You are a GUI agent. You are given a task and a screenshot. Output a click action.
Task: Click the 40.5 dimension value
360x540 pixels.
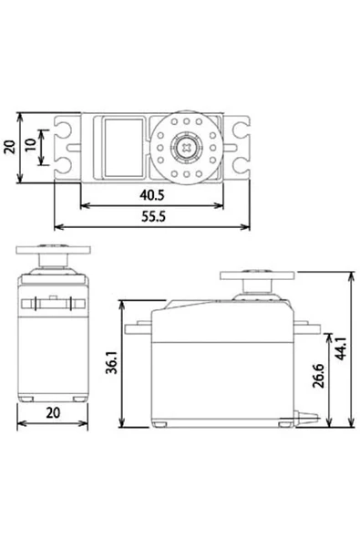[x=151, y=194]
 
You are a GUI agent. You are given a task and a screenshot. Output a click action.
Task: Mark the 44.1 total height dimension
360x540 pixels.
[x=341, y=348]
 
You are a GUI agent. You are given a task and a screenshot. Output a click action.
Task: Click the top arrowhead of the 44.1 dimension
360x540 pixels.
[x=348, y=274]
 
